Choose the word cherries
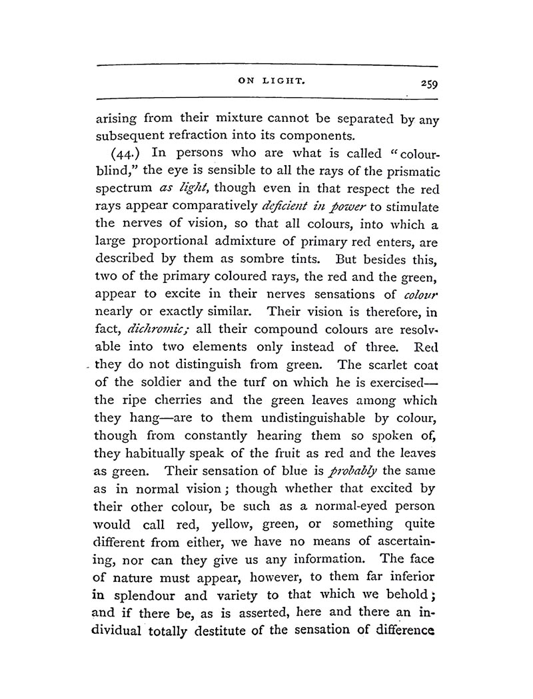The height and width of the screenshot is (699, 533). tap(197, 400)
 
